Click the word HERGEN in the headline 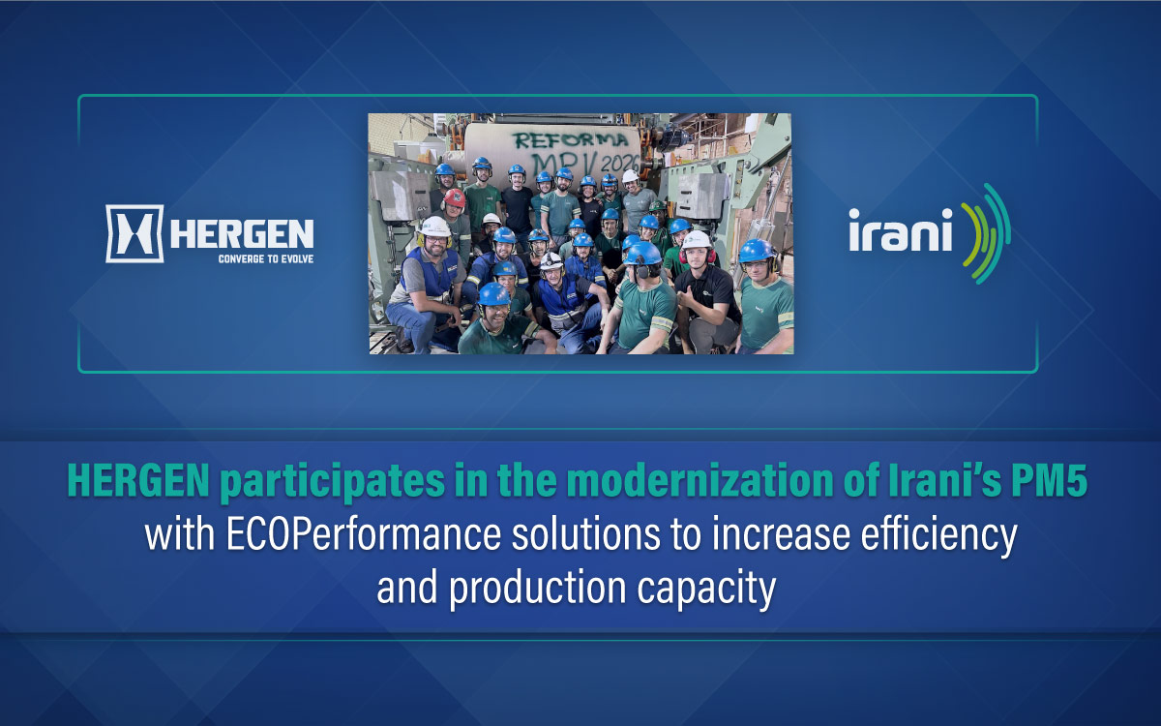pos(138,481)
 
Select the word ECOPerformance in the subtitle pos(364,534)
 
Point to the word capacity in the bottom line pos(706,589)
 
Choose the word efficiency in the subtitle pos(939,535)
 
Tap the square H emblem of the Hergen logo pos(134,233)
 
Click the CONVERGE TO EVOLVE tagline pos(266,258)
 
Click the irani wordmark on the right pos(901,230)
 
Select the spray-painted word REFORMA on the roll pos(570,140)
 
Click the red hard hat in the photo pos(455,197)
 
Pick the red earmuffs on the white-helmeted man pos(698,256)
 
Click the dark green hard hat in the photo pos(658,205)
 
